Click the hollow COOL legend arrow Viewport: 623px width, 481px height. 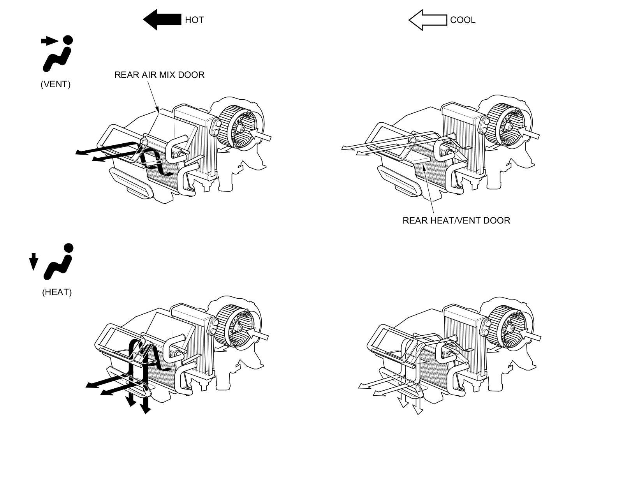(427, 20)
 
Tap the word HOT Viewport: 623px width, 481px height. (194, 20)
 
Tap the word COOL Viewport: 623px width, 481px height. (463, 20)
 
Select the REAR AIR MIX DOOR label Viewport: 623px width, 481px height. (159, 75)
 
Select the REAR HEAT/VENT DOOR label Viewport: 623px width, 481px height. (456, 220)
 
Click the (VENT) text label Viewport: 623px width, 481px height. (56, 85)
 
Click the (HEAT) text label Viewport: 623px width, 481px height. (57, 292)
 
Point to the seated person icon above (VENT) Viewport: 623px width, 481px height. (59, 55)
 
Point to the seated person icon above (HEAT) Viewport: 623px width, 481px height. (60, 262)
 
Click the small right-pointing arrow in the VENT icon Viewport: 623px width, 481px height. (49, 41)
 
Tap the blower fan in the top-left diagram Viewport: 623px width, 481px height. (236, 127)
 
